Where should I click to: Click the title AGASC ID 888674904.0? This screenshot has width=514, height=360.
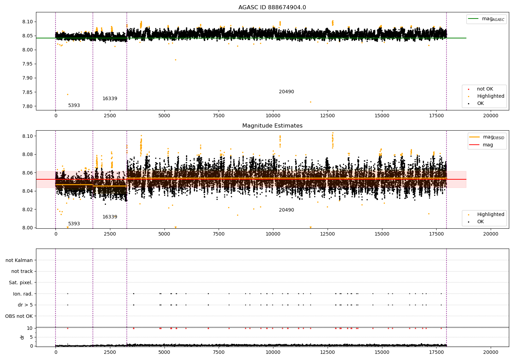coord(272,8)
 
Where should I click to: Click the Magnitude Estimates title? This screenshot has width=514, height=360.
coord(272,126)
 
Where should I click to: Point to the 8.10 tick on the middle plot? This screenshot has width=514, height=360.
coord(28,136)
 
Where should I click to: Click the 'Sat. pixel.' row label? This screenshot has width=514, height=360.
coord(21,283)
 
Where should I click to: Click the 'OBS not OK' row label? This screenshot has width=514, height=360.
coord(19,316)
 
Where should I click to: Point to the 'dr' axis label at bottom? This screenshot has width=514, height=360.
coord(22,337)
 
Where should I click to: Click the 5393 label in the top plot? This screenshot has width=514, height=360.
coord(74,106)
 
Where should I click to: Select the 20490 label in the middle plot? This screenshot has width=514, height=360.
coord(286,210)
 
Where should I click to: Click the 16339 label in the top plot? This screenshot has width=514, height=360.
coord(110,99)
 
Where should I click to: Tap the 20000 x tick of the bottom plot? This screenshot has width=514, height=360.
coord(490,352)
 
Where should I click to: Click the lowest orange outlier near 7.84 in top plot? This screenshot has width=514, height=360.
coord(68,94)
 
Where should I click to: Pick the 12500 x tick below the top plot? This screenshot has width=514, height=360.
coord(327,116)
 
